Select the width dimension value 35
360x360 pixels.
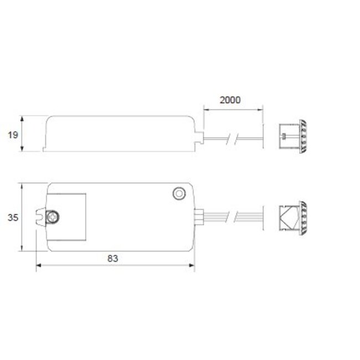tap(13, 218)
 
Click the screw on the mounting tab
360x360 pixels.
tap(54, 217)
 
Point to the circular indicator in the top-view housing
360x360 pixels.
tap(179, 193)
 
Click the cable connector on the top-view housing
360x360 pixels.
tap(200, 216)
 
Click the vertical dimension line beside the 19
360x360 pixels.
tap(22, 133)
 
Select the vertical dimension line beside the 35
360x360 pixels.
tap(22, 218)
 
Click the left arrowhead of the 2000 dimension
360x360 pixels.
tap(206, 109)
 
